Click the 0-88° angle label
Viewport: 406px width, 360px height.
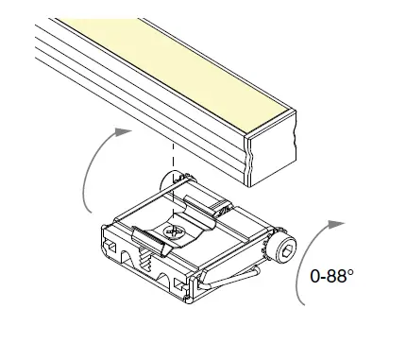pos(333,276)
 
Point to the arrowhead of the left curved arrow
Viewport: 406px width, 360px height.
pos(121,135)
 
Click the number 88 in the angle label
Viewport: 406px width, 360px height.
pos(340,276)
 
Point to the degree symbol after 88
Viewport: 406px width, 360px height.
pos(353,272)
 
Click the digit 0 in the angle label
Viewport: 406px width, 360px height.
pos(315,276)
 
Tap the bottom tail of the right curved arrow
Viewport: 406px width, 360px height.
pos(302,300)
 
